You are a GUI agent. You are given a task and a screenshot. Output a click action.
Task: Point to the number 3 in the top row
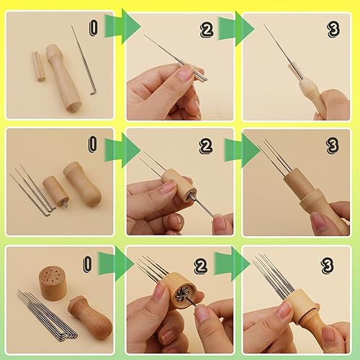(x=332, y=30)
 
